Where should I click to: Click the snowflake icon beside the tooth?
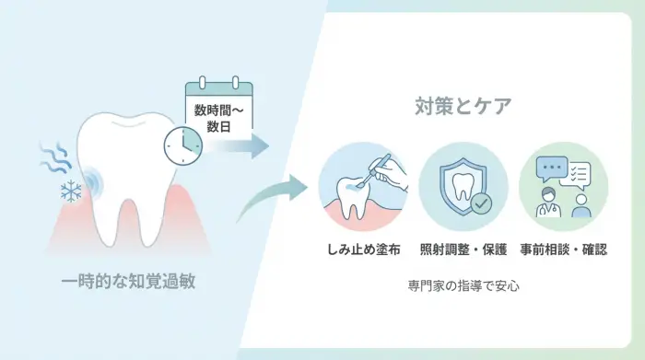71,192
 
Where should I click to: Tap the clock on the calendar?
182,144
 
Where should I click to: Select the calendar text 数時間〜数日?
218,116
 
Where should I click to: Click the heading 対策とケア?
463,106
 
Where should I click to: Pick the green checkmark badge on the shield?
480,202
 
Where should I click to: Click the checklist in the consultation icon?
578,173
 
